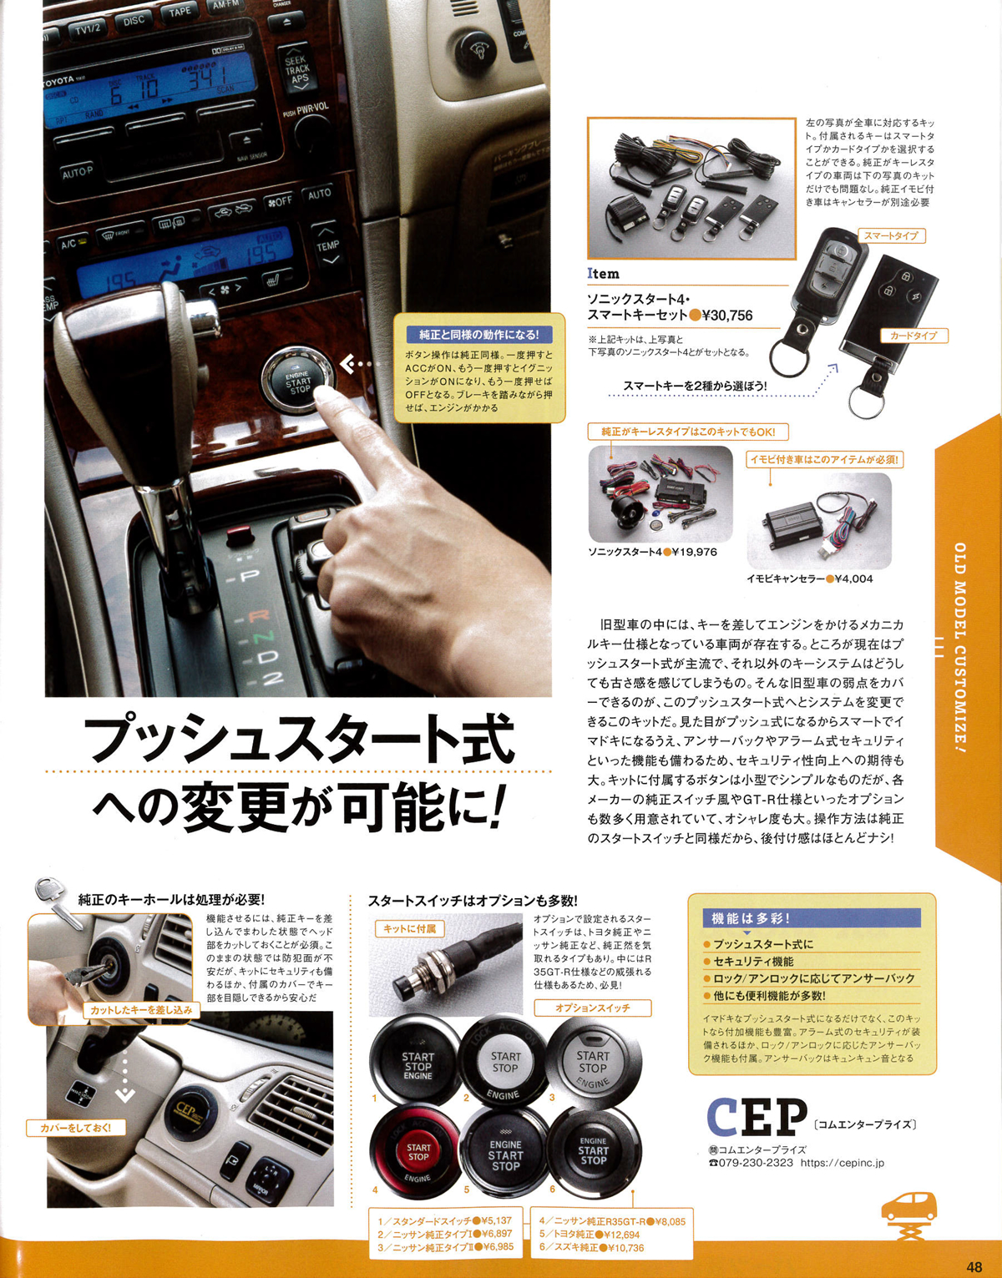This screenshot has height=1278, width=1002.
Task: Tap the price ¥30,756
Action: (x=727, y=316)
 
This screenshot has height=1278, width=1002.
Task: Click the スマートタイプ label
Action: (x=890, y=236)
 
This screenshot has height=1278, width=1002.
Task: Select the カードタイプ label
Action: (x=913, y=336)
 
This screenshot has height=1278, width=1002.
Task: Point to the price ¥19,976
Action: (x=695, y=552)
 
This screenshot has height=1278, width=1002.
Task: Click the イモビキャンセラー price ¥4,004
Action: (x=853, y=578)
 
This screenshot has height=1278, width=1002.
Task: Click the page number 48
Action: (x=974, y=1266)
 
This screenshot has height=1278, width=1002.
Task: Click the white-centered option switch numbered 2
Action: (x=504, y=1063)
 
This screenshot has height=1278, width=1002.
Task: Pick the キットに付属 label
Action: (x=409, y=928)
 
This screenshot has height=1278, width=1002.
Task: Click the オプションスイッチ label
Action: (x=592, y=1008)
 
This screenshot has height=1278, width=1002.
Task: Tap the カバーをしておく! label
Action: (x=76, y=1128)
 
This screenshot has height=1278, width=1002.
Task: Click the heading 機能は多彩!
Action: (x=750, y=918)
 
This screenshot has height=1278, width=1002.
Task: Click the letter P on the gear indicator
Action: (x=250, y=576)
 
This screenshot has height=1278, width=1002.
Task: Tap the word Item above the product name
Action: (x=603, y=273)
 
